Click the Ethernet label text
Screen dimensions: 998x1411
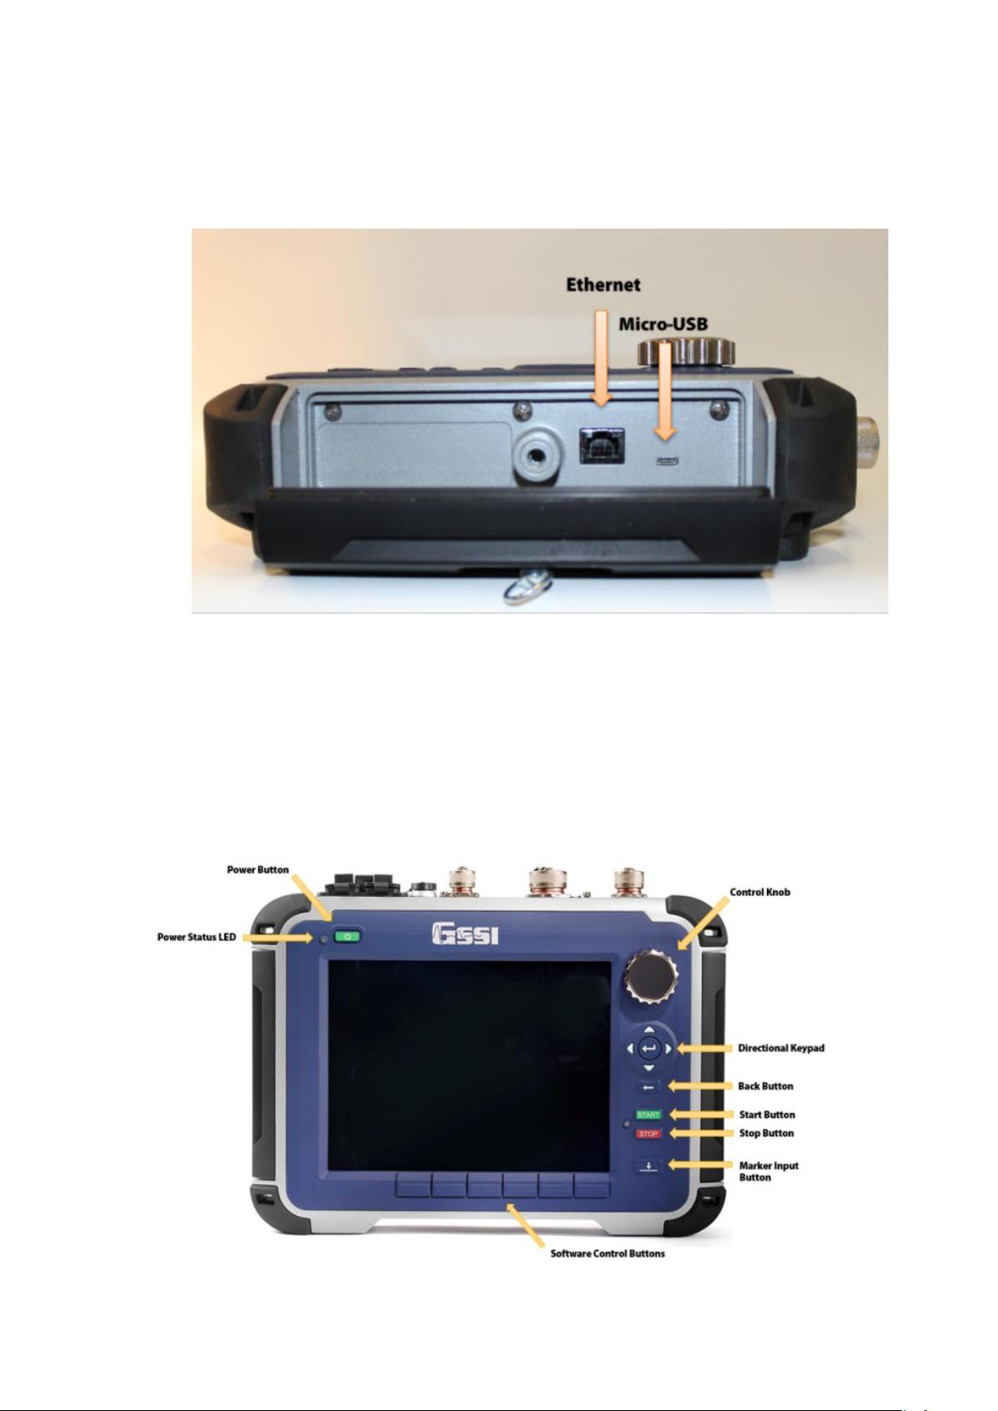[603, 285]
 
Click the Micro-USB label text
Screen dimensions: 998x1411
[663, 324]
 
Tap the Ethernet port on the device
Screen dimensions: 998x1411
[601, 446]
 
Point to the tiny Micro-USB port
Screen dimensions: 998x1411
[666, 461]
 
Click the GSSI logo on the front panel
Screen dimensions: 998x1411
[466, 935]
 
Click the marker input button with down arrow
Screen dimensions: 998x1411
[649, 1166]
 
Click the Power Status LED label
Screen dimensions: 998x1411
[197, 937]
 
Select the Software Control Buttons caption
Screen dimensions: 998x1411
[608, 1254]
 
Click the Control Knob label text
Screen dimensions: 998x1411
[759, 892]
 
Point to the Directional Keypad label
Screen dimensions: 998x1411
[781, 1048]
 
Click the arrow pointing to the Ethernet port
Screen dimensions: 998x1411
[602, 358]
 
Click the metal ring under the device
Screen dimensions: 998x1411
[527, 591]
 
